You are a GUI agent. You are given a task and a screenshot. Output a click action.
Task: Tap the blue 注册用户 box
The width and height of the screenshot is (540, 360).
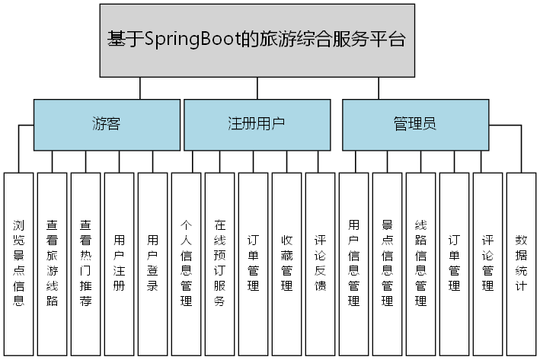(257, 124)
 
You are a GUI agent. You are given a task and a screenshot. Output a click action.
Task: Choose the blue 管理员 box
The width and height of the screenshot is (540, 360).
(415, 124)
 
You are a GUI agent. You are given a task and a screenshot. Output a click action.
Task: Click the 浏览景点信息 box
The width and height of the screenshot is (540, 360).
(19, 263)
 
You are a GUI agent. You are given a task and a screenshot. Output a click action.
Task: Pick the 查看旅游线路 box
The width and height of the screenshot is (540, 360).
(53, 263)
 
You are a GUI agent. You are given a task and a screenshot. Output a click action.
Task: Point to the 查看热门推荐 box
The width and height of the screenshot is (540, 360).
(86, 263)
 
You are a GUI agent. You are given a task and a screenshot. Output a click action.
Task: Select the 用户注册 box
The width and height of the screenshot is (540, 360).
(120, 263)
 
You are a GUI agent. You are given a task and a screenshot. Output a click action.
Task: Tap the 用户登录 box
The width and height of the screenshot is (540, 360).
(153, 263)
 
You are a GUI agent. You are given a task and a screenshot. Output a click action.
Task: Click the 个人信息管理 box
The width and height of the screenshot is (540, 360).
(187, 263)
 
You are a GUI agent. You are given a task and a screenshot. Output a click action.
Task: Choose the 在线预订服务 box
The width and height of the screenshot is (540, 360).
(220, 263)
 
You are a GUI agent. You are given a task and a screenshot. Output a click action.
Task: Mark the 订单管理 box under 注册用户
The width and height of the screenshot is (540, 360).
(254, 263)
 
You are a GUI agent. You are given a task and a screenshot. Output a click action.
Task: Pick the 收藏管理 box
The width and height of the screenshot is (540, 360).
(287, 263)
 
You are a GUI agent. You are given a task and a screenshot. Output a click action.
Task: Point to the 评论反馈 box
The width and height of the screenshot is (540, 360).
(321, 263)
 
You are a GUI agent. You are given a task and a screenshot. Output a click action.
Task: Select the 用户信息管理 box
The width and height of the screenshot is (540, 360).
(354, 263)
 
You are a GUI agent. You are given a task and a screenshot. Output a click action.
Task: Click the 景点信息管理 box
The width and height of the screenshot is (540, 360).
(388, 263)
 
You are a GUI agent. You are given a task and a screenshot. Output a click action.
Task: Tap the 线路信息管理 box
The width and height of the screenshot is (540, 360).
(421, 263)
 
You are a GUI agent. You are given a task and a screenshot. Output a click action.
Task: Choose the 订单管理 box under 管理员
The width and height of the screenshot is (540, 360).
(455, 263)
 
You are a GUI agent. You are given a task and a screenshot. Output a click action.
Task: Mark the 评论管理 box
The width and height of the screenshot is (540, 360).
(488, 263)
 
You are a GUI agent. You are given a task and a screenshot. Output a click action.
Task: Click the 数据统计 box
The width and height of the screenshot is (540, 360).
(522, 263)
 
